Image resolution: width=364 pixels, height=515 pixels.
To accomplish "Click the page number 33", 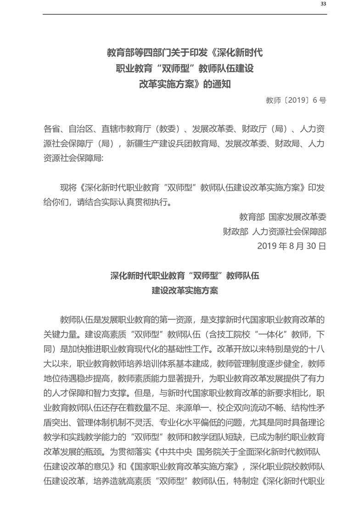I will click(323, 4).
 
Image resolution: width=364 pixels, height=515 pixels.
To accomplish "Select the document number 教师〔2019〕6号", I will click(296, 100).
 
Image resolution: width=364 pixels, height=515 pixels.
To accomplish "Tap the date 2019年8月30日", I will click(292, 246).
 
